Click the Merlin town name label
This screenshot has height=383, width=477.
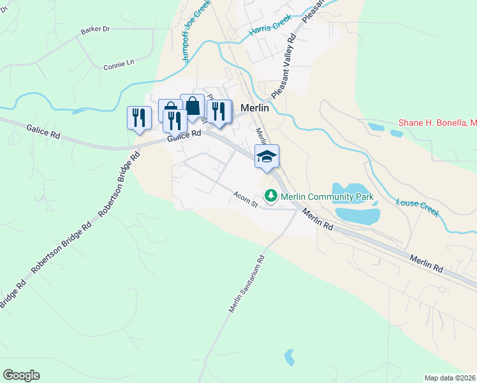point(255,108)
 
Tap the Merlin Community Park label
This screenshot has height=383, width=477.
point(327,197)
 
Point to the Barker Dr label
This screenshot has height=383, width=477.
point(96,30)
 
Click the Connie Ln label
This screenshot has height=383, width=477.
point(119,64)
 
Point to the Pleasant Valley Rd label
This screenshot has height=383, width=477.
point(284,67)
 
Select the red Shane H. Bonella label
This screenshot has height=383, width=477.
point(437,123)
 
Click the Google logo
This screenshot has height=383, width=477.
point(21,375)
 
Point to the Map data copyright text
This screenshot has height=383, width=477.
point(450,377)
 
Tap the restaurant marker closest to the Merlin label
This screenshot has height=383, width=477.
point(219,110)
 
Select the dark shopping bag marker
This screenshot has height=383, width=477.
point(192,106)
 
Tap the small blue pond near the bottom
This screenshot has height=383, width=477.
point(290,357)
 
